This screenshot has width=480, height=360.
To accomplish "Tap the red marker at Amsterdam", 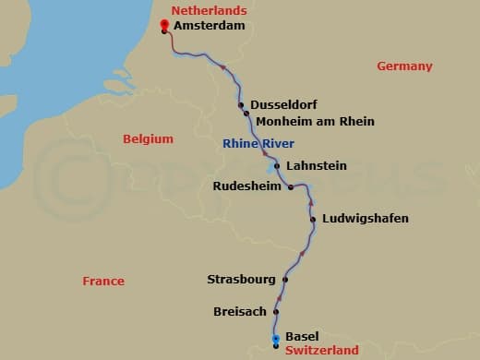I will pyautogui.click(x=164, y=24).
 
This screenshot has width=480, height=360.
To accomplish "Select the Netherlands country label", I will pyautogui.click(x=210, y=10).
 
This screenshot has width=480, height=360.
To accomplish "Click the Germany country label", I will pyautogui.click(x=404, y=66).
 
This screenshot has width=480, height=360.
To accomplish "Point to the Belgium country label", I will pyautogui.click(x=148, y=138).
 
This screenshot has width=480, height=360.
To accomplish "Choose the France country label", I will pyautogui.click(x=102, y=281).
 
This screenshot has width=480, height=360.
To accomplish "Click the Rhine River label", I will pyautogui.click(x=258, y=143).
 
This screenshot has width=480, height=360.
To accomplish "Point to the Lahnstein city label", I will pyautogui.click(x=317, y=166).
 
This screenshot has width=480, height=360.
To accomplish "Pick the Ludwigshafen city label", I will pyautogui.click(x=365, y=219).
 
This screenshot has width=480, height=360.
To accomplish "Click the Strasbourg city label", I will pyautogui.click(x=241, y=279).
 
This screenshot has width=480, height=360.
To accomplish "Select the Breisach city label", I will pyautogui.click(x=240, y=312).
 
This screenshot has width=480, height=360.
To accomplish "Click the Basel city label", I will pyautogui.click(x=302, y=336).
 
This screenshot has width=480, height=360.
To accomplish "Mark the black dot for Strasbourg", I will pyautogui.click(x=285, y=279).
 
